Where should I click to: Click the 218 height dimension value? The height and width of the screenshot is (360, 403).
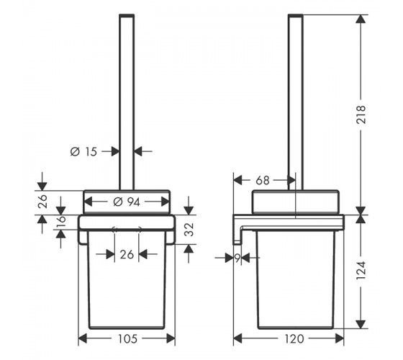pos(361,114)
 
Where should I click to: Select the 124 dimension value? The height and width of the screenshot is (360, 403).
pos(361,271)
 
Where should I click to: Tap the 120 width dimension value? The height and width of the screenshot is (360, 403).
pos(294,339)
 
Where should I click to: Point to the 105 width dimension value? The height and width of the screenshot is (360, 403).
pos(128,339)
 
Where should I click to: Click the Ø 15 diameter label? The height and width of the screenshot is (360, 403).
pos(83,152)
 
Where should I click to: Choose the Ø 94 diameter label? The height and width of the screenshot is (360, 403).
pos(127,202)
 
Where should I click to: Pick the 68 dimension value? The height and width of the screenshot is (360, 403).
pos(263,181)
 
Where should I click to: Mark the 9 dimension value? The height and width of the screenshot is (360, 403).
pos(237,258)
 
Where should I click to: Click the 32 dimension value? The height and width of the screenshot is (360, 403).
pos(189,230)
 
